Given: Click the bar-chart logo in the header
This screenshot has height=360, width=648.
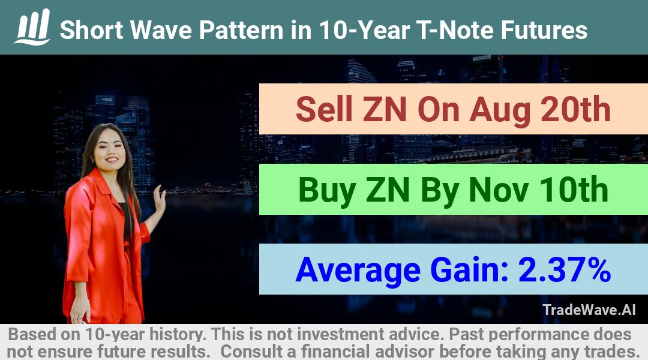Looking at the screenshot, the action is [x=32, y=26].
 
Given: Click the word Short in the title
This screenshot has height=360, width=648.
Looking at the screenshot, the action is [x=91, y=30].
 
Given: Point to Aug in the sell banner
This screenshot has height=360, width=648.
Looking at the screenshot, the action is [x=499, y=111].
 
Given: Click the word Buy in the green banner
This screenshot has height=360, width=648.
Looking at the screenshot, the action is [x=328, y=190].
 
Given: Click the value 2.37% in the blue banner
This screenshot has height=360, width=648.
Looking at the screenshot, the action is [x=565, y=269].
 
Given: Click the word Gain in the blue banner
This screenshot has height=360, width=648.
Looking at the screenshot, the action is [x=469, y=269].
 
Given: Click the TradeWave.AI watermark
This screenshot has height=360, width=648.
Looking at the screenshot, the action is [x=589, y=310].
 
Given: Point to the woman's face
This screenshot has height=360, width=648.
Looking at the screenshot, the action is [x=108, y=149].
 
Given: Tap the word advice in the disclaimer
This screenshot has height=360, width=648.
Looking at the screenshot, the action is [x=411, y=334].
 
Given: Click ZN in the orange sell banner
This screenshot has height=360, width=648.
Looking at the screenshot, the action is [x=385, y=109].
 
